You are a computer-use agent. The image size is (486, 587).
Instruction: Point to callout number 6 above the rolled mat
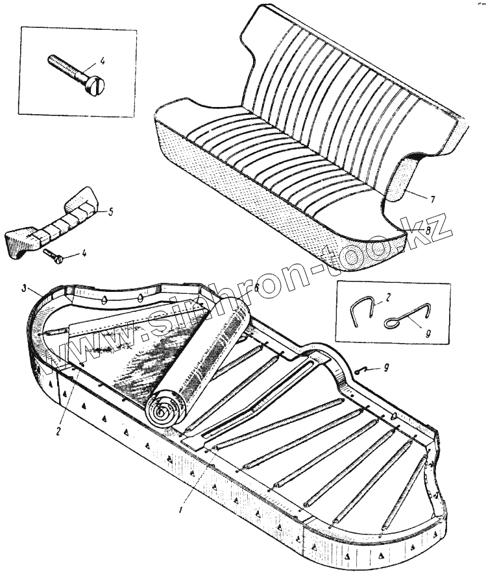[x=257, y=287]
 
